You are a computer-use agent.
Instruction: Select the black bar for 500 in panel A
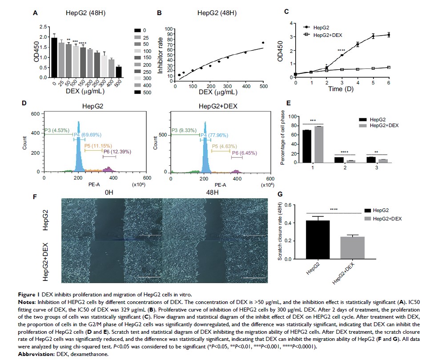tap(119, 72)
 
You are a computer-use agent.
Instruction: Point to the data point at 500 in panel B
tap(263, 43)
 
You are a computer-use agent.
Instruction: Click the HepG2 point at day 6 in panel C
tap(389, 35)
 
